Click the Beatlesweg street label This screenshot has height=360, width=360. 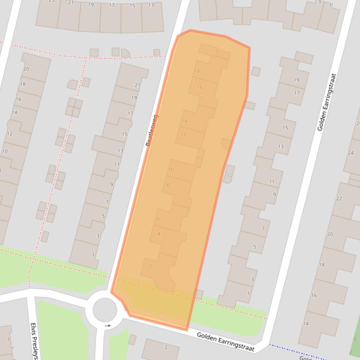tap(152, 130)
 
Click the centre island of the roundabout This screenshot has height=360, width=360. tap(104, 310)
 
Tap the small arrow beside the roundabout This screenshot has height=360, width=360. tap(108, 325)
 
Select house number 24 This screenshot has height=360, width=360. tap(351, 153)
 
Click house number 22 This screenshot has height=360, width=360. tap(339, 198)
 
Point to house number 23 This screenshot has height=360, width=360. tap(51, 1)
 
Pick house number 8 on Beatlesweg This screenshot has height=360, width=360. tap(167, 185)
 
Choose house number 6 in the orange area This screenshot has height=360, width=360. tap(159, 219)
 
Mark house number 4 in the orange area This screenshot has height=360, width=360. tap(159, 234)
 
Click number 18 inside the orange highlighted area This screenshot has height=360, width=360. tap(197, 71)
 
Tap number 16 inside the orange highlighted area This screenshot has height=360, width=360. tap(199, 87)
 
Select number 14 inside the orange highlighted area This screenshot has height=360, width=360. tap(184, 121)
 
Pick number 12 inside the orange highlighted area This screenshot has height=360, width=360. tap(183, 134)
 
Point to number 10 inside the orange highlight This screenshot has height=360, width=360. tap(171, 169)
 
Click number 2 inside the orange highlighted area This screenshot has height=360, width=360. tap(150, 266)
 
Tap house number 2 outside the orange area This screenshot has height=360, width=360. tap(166, 347)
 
